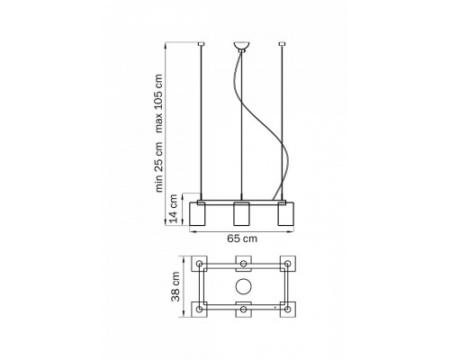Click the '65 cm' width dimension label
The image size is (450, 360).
(x=242, y=238)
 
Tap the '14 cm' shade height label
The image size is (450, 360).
(x=174, y=209)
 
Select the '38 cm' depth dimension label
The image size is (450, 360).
(x=175, y=286)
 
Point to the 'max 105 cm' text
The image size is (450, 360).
(x=158, y=103)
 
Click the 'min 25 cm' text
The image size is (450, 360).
(x=158, y=166)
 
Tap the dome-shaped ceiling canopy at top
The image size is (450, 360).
(x=241, y=47)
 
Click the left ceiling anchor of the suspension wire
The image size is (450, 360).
(x=201, y=44)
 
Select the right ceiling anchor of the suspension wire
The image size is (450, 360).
(x=282, y=44)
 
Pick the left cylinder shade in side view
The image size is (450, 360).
(x=197, y=213)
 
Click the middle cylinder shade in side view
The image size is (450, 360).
(x=241, y=213)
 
